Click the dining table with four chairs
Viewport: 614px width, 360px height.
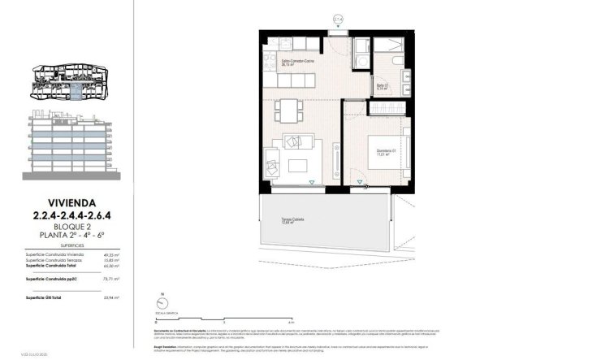click(288, 108)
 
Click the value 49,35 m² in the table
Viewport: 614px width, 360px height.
click(112, 254)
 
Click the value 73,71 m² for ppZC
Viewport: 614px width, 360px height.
click(112, 279)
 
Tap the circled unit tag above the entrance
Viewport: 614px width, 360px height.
click(339, 17)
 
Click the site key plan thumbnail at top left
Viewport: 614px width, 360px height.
click(68, 81)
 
